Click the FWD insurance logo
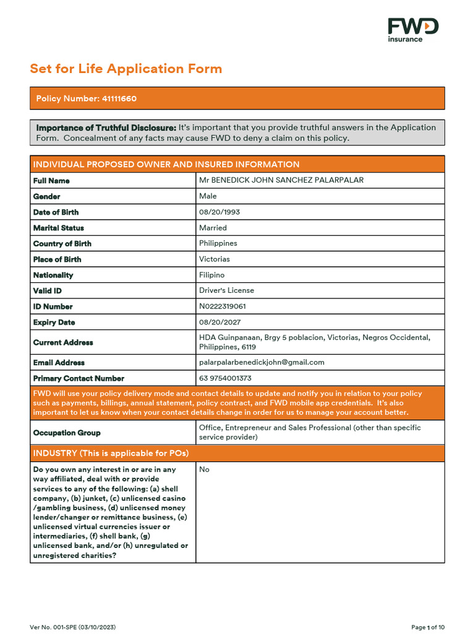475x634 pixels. coord(413,30)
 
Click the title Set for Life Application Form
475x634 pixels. coord(126,69)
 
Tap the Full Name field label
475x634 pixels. coord(51,181)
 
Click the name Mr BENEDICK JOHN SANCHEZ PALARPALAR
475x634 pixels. coord(281,180)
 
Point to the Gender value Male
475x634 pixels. coord(208,196)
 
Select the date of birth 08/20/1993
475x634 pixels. coord(220,212)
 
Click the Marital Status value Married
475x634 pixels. coord(213,228)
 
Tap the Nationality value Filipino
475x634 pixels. coord(212,275)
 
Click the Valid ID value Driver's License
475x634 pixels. coord(226,290)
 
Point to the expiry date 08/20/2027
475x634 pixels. coord(220,322)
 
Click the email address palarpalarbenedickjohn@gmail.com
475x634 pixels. coord(262,362)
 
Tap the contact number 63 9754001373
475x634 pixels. coord(225,378)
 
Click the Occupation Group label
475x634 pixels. coord(67,433)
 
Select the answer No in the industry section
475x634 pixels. coord(204,469)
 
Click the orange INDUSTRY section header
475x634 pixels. coord(237,453)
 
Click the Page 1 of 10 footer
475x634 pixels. coord(428,627)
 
